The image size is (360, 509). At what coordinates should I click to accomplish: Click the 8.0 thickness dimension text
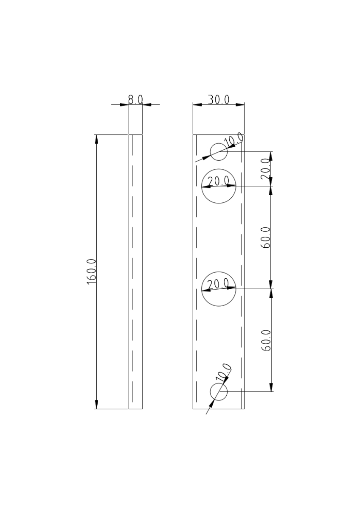(x=135, y=100)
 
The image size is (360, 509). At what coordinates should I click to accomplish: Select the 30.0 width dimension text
(x=219, y=100)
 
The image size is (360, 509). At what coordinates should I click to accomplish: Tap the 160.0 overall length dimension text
(x=92, y=271)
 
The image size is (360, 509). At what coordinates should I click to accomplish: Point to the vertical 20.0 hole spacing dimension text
(x=266, y=168)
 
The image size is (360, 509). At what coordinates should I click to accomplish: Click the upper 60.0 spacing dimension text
(x=266, y=237)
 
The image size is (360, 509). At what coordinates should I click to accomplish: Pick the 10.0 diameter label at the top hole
(x=234, y=140)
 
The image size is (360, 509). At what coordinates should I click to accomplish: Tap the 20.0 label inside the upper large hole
(x=219, y=181)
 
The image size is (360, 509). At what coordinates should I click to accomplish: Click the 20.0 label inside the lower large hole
(x=219, y=283)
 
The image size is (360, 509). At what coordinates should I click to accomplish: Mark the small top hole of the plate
(x=219, y=152)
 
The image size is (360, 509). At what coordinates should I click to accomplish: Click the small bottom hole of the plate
(x=219, y=392)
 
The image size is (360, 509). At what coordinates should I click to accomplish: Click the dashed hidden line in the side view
(x=133, y=271)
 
